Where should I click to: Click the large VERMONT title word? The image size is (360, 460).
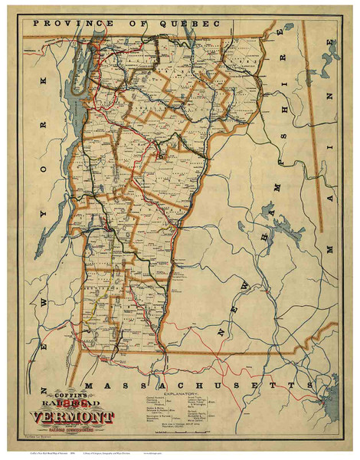pyautogui.click(x=74, y=419)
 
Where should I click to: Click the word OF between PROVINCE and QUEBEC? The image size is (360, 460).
pyautogui.click(x=134, y=24)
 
